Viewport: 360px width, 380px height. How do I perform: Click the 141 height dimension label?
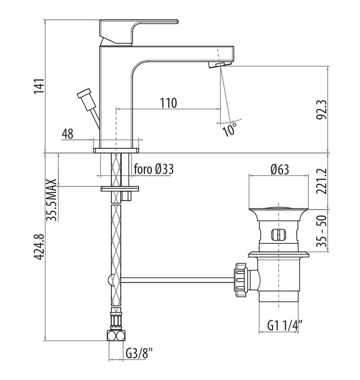click(39, 86)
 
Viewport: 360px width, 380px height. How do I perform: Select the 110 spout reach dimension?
click(168, 103)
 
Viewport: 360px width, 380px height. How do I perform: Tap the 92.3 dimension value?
click(322, 110)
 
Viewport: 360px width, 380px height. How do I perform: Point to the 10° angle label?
click(229, 130)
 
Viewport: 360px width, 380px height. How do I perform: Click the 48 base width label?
click(68, 134)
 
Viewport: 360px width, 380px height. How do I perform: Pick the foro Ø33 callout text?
click(154, 169)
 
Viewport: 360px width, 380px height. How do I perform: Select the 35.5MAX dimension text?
click(51, 200)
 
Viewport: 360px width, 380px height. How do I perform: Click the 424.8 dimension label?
click(39, 247)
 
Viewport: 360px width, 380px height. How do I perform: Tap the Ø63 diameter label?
click(280, 169)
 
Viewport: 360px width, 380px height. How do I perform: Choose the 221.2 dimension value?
click(322, 181)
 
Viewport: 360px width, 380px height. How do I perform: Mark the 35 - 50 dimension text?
click(322, 231)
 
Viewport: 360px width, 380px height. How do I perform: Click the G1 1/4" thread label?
click(285, 325)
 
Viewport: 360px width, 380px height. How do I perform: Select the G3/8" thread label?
click(140, 354)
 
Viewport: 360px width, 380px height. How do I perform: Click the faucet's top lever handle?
click(139, 32)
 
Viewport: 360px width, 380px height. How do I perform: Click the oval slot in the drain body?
click(279, 234)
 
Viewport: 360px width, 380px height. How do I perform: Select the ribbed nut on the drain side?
click(241, 280)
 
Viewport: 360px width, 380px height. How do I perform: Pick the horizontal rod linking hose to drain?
click(177, 280)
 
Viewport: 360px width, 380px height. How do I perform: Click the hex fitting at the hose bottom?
click(116, 336)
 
